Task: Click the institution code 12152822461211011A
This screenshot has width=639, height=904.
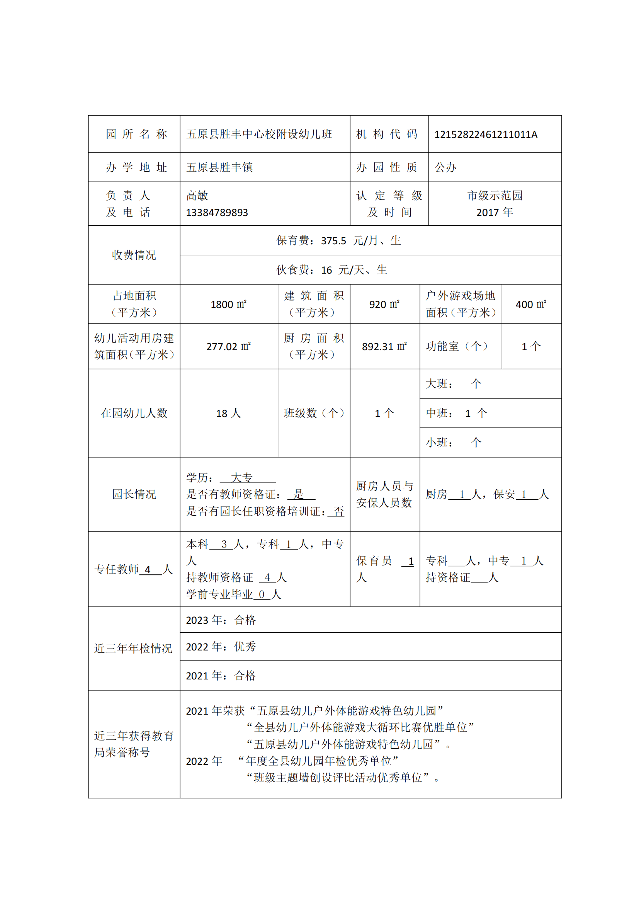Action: [x=486, y=134]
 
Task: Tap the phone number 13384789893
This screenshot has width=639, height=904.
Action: [x=217, y=213]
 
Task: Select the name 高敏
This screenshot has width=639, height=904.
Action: [x=197, y=196]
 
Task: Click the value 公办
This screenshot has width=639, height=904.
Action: [x=445, y=167]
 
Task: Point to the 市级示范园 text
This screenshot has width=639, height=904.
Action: [x=495, y=196]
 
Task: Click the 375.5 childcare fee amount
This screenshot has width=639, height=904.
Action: [x=333, y=241]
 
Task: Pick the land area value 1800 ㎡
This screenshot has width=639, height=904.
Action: [x=229, y=304]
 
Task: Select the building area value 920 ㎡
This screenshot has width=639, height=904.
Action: [x=384, y=304]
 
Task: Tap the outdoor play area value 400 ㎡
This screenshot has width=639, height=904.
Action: [x=531, y=304]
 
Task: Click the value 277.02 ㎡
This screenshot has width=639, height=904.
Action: [x=229, y=346]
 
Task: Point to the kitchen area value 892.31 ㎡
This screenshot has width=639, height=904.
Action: [x=384, y=346]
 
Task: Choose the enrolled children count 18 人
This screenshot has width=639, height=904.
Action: [x=229, y=414]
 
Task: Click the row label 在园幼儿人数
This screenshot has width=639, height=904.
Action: [x=134, y=413]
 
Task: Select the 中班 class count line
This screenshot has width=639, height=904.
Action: [x=456, y=414]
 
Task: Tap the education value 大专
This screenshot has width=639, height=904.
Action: [x=241, y=478]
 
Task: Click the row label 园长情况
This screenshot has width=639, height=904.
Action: [x=134, y=494]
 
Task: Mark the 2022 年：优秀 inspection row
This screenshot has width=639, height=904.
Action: [x=221, y=647]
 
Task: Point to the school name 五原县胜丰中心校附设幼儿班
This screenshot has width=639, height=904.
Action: [x=259, y=134]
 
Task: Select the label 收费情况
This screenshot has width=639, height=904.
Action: [x=134, y=255]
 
